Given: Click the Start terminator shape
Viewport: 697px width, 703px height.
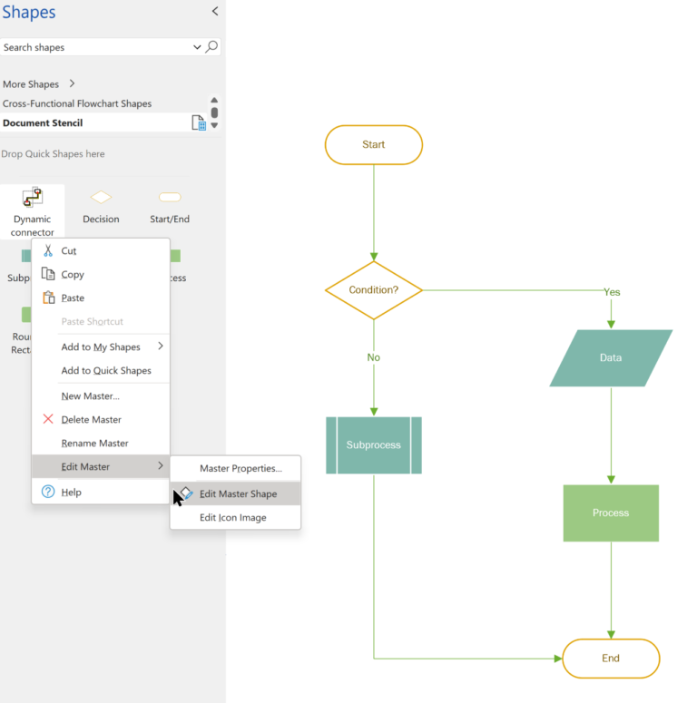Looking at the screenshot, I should click(373, 145).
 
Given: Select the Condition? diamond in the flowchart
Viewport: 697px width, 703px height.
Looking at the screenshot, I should click(373, 290).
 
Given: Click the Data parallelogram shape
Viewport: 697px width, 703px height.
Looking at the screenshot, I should click(611, 358).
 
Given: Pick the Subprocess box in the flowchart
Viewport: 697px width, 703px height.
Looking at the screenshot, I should click(373, 445).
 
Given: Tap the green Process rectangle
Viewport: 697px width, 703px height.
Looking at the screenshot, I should click(611, 513).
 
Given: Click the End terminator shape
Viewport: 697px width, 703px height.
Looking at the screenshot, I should click(611, 659).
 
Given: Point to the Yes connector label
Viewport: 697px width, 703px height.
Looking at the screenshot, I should click(612, 292).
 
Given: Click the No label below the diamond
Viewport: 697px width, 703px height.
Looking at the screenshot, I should click(373, 357).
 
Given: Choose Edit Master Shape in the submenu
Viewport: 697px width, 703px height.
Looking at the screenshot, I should click(238, 494).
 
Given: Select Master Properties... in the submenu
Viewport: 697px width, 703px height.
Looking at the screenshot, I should click(241, 469).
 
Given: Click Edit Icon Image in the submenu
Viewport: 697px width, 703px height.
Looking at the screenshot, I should click(233, 518).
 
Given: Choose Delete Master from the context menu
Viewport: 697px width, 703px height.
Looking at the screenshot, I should click(91, 420).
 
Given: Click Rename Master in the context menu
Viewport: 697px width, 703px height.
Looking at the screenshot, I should click(94, 444).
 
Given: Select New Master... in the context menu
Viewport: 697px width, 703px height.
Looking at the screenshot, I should click(90, 396).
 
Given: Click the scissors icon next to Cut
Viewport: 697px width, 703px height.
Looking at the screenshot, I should click(48, 251).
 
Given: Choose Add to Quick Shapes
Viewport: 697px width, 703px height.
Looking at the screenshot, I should click(105, 371).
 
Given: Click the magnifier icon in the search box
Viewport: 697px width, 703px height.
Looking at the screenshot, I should click(211, 47).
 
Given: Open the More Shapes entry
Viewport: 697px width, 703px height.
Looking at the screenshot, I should click(31, 84).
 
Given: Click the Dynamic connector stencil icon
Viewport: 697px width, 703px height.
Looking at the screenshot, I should click(33, 197).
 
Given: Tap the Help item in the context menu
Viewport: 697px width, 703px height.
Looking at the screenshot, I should click(71, 493).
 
